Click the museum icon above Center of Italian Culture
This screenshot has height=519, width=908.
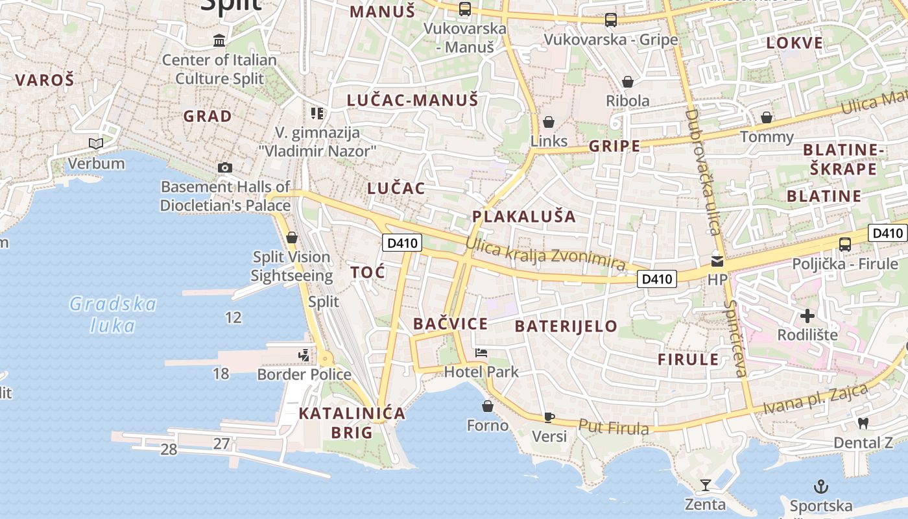(x=219, y=40)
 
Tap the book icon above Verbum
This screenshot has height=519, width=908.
(x=96, y=143)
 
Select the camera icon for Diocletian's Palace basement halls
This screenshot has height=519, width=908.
(x=225, y=167)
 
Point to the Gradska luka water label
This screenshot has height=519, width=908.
(x=113, y=314)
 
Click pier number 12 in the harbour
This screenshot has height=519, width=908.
(x=233, y=317)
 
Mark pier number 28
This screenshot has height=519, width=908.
(x=169, y=449)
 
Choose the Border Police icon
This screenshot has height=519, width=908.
(x=304, y=355)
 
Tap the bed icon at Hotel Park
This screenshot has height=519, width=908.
(x=481, y=353)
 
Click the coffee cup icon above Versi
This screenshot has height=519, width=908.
(x=549, y=417)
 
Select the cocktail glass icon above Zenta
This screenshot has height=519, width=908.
(x=705, y=485)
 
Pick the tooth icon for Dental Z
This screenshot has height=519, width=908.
(x=863, y=423)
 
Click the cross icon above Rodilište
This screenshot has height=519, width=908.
(x=807, y=316)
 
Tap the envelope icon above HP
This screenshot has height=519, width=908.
(x=717, y=261)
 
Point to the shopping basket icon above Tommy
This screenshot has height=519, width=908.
(x=767, y=117)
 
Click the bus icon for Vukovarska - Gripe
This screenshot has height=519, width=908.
(x=611, y=20)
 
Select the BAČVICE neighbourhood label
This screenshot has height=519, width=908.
(x=450, y=324)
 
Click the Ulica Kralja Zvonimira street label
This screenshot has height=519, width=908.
(x=545, y=254)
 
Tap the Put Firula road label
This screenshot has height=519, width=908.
(x=614, y=427)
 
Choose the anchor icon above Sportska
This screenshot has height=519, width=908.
(x=821, y=486)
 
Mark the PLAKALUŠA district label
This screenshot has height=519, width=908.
(x=524, y=217)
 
